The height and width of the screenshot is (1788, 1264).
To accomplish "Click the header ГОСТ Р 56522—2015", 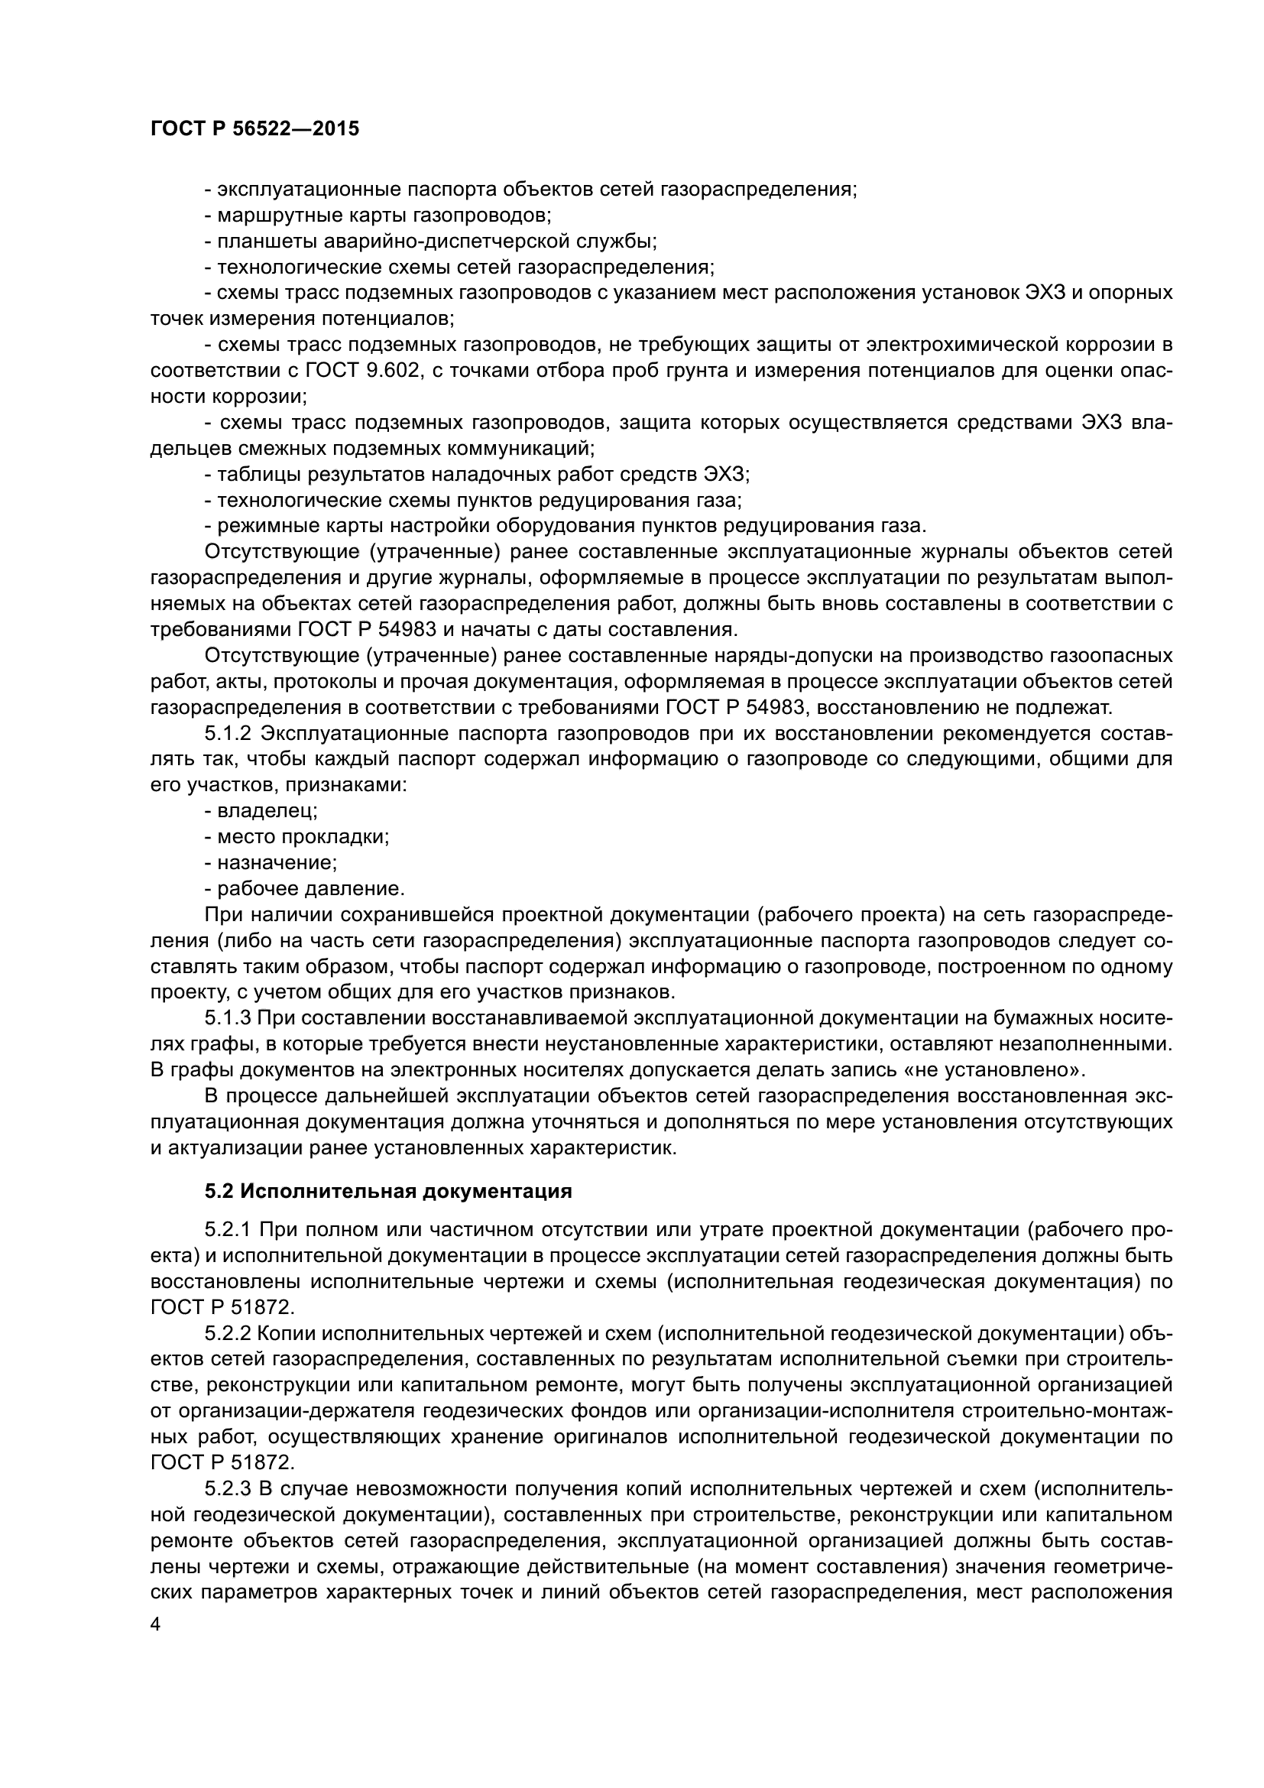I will (254, 129).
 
